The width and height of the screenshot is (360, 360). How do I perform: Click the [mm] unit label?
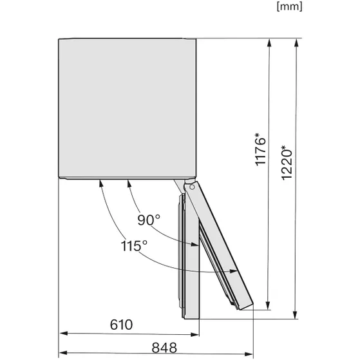pyautogui.click(x=289, y=7)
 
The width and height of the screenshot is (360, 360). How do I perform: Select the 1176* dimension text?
pyautogui.click(x=260, y=151)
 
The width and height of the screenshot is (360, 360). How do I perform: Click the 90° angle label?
pyautogui.click(x=149, y=220)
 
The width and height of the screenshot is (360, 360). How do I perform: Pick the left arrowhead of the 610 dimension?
pyautogui.click(x=62, y=334)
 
